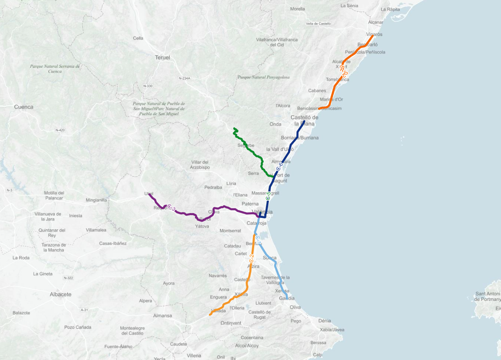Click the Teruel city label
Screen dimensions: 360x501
[x=162, y=58]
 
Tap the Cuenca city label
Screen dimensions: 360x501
[x=24, y=107]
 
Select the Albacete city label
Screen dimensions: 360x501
[x=60, y=294]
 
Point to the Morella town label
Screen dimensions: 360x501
[x=297, y=9]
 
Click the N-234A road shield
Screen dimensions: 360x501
[x=184, y=78]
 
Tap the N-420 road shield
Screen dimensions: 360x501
[x=60, y=130]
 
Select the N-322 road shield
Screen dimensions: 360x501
[x=68, y=278]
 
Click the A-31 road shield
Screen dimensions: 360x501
[x=84, y=310]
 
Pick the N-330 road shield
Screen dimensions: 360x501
[x=148, y=86]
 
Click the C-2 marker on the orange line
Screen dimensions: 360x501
[x=252, y=258]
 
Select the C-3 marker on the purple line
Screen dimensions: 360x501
[x=171, y=208]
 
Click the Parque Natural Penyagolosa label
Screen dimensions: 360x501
[x=264, y=77]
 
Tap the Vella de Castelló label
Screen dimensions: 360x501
[x=318, y=24]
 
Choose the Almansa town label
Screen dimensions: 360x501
[x=162, y=316]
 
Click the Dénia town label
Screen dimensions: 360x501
[x=325, y=321]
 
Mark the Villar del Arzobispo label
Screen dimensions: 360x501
[x=200, y=164]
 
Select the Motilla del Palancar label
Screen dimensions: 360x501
[x=54, y=196]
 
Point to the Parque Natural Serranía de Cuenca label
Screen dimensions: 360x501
[x=55, y=69]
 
